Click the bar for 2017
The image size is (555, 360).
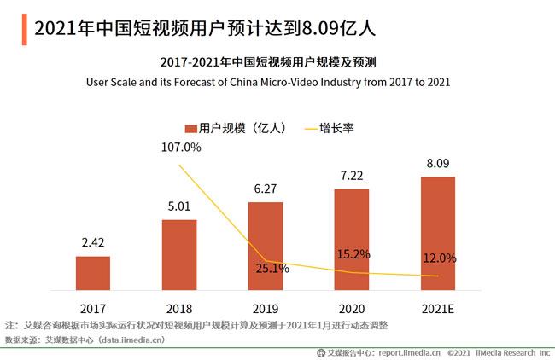click(93, 273)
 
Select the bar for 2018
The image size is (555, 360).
click(179, 255)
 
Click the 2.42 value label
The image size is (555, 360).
click(93, 243)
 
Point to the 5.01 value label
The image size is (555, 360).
click(179, 206)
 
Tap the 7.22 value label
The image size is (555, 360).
click(351, 175)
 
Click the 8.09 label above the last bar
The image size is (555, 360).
click(437, 163)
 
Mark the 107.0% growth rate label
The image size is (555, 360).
click(180, 148)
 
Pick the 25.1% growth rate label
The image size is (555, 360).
click(273, 268)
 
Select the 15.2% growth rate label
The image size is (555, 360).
click(353, 253)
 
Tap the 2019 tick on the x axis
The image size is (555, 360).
click(266, 306)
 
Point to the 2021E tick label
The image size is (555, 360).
click(437, 306)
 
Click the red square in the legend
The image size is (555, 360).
click(190, 128)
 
